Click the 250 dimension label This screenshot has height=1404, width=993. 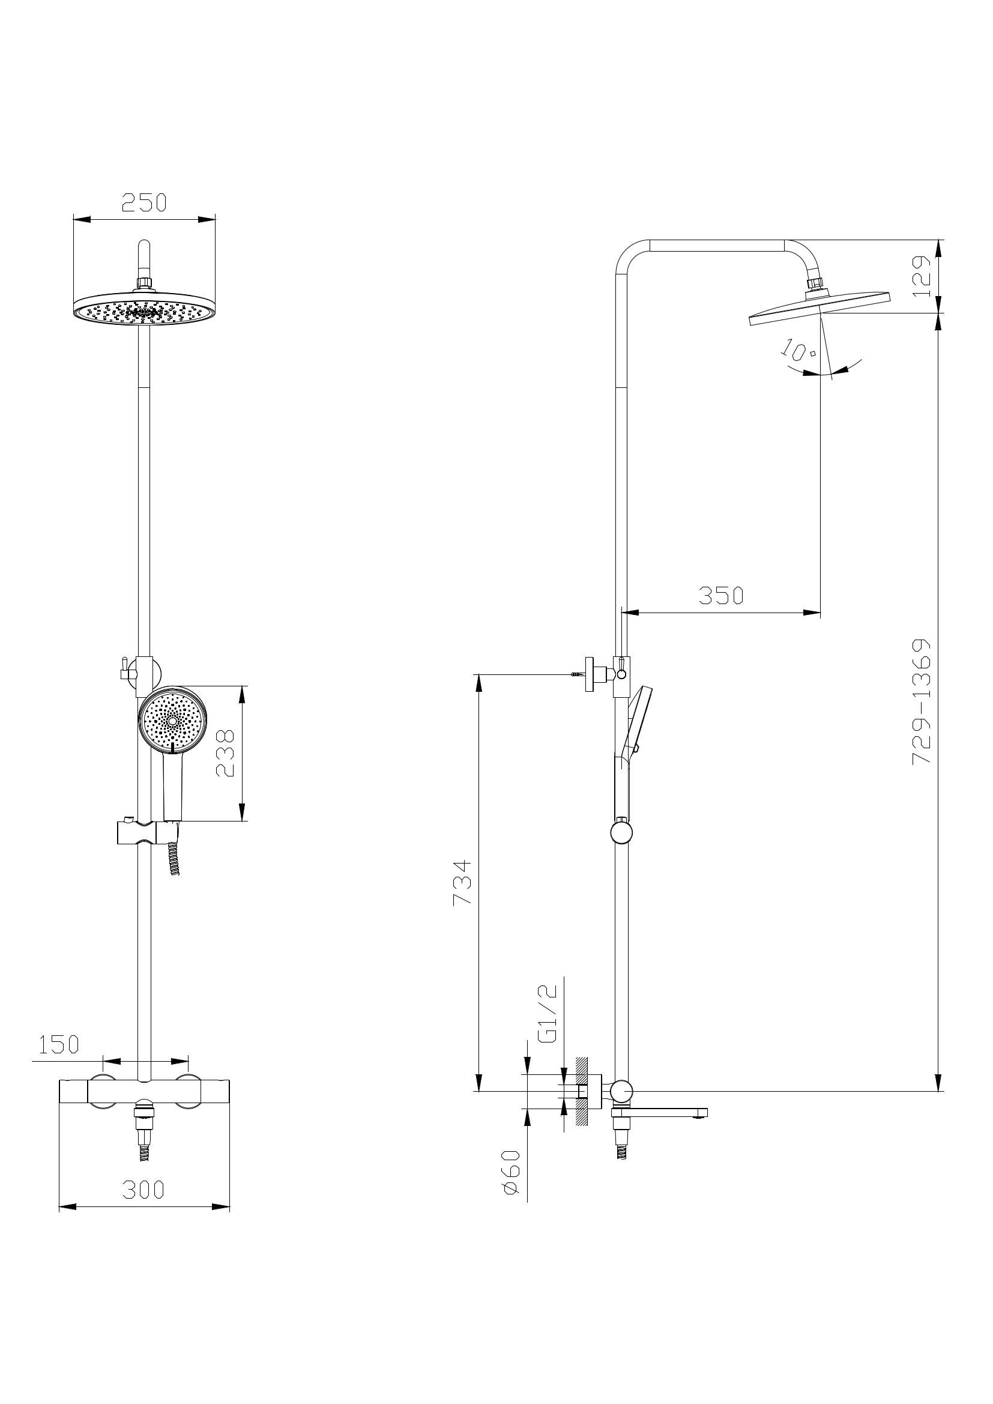click(144, 202)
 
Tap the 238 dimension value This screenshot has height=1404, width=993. click(225, 753)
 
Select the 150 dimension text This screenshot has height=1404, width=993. click(59, 1044)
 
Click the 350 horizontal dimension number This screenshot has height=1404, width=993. click(721, 595)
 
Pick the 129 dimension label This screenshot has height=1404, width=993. click(922, 276)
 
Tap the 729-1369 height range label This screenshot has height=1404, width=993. click(922, 701)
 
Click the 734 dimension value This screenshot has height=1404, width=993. click(462, 882)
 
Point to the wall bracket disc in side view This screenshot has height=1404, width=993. click(590, 674)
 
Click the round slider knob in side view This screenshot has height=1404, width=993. click(621, 833)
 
